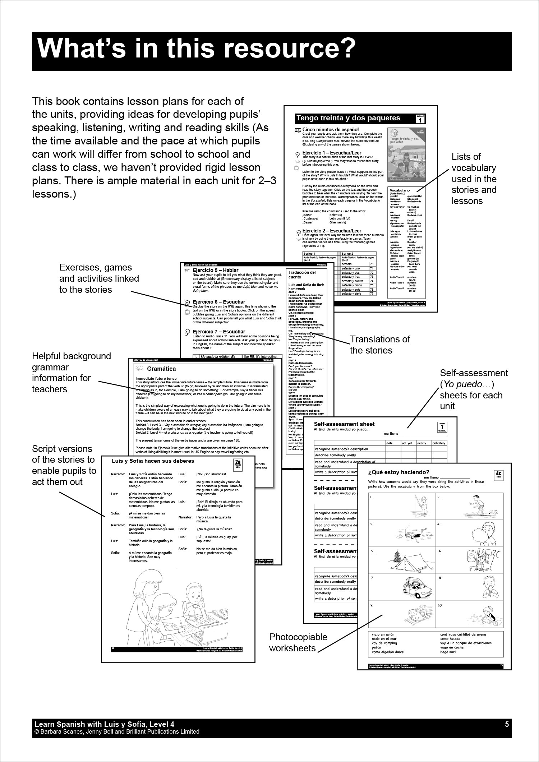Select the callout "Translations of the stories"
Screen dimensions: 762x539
pyautogui.click(x=380, y=345)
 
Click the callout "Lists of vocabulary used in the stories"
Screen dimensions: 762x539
pyautogui.click(x=474, y=179)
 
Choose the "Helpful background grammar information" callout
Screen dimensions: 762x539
pyautogui.click(x=71, y=373)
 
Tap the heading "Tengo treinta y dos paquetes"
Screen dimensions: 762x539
pyautogui.click(x=348, y=118)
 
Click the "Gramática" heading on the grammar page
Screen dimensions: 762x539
pyautogui.click(x=161, y=369)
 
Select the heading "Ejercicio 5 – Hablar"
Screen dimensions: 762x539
pyautogui.click(x=215, y=270)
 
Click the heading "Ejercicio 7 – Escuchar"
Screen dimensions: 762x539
pyautogui.click(x=219, y=332)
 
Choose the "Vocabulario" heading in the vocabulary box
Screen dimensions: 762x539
pyautogui.click(x=400, y=190)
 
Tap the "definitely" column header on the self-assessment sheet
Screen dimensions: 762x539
pyautogui.click(x=439, y=443)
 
